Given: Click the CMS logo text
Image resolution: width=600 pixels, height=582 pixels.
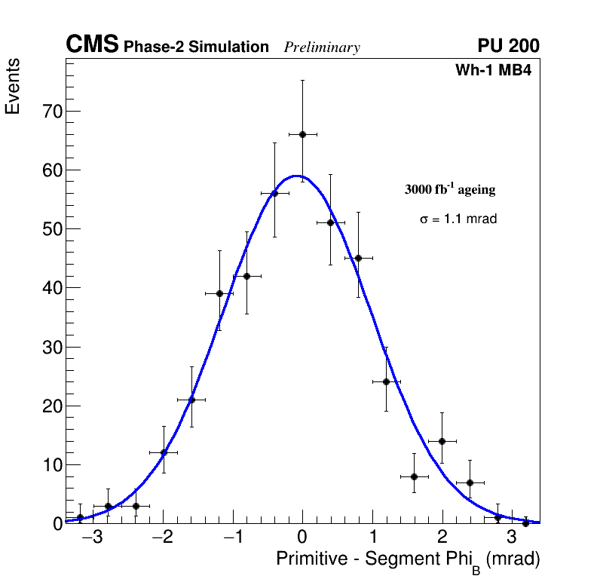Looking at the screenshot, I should coord(92,45).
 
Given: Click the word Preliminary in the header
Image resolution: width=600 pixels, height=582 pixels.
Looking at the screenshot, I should coord(322,47).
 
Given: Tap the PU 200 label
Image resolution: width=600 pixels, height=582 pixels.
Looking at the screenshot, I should coord(508,46).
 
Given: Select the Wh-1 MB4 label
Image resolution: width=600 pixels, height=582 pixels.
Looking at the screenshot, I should coord(494,71).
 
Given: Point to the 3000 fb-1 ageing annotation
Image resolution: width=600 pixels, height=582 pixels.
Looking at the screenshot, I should coord(450,190).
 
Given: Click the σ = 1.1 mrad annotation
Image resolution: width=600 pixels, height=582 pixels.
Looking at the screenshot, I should coord(458,219).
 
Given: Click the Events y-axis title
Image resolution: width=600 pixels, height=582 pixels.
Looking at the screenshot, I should coord(13,87).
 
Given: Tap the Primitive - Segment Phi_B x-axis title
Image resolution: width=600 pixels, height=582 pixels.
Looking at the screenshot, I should coord(408,560).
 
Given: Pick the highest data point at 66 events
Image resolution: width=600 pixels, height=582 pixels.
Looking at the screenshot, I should coord(302,134).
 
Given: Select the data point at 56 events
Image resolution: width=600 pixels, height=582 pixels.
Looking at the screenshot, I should coord(274,193).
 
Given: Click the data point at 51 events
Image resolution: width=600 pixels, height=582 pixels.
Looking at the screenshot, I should coord(330,222).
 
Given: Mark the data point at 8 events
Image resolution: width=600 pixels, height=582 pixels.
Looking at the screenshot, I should coord(414,476).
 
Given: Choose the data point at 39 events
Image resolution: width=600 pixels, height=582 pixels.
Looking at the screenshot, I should coord(219,293).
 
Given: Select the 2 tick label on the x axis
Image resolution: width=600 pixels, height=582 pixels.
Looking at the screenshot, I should coord(442,538).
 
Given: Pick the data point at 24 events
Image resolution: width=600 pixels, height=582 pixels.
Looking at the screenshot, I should coord(386,381).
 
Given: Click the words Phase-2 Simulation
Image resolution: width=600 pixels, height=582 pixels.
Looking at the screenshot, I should coord(196,47).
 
